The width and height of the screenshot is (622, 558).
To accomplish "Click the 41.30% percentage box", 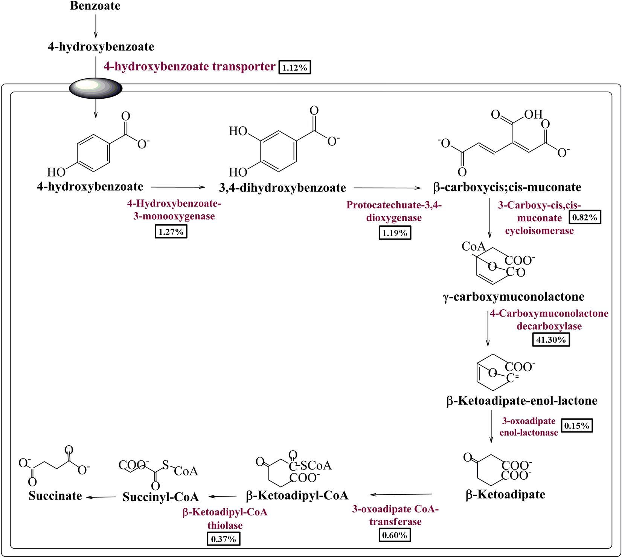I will click(551, 340).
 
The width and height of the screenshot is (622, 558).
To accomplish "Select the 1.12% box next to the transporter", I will click(295, 68).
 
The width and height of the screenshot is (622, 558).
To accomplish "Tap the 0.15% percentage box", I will click(577, 426).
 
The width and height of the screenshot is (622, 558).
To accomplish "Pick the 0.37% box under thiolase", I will click(224, 539).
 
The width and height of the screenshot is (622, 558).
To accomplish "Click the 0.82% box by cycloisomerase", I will click(585, 217).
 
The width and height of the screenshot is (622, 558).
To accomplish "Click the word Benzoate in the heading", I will click(95, 6).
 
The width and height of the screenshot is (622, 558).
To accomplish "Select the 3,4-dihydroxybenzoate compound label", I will click(282, 188).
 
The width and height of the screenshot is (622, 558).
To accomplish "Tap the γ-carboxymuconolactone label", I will click(514, 297).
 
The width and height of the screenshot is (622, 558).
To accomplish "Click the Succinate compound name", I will click(55, 496).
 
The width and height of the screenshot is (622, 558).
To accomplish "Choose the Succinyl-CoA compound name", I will click(161, 497).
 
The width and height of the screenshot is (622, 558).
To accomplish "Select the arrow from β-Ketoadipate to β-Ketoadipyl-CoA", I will click(401, 494).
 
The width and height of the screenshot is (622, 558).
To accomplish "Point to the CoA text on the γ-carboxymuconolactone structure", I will click(473, 246).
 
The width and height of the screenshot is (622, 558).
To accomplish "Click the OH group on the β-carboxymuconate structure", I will click(533, 114).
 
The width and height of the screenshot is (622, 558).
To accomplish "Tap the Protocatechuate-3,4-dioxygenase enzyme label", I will click(394, 211).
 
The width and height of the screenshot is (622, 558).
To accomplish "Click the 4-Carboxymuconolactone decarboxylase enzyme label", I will click(549, 320).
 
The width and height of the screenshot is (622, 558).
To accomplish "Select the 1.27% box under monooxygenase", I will click(171, 232).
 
